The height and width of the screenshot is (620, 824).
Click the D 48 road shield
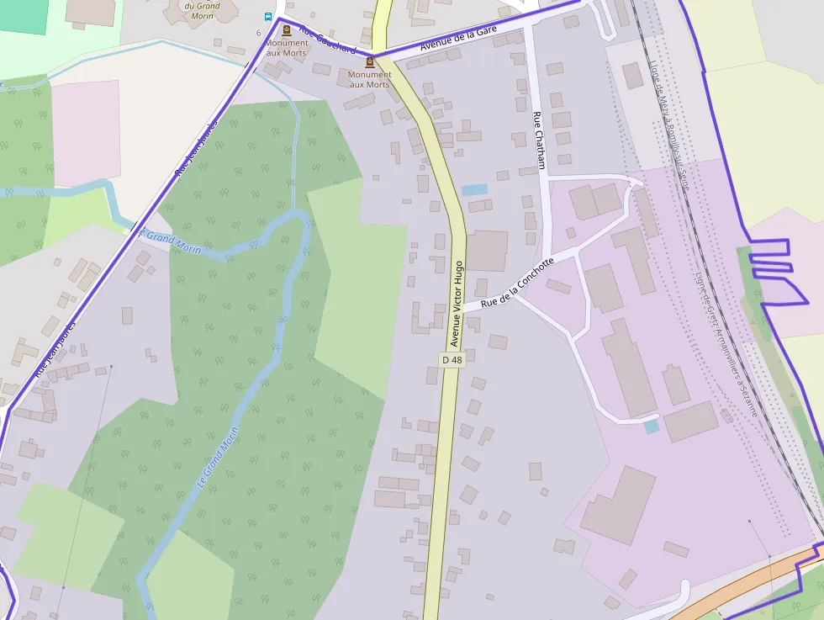tap(452, 360)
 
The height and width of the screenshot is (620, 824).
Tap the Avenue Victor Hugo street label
tap(457, 305)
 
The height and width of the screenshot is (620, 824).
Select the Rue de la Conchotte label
tap(518, 284)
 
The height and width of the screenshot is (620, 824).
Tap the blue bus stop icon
tap(268, 17)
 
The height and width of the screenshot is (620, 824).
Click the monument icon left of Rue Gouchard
tap(287, 30)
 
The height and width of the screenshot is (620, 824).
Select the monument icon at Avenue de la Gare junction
tap(369, 61)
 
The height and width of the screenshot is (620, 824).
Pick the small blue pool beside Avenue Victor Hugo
tap(474, 190)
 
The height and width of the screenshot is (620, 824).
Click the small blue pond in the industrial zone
tap(652, 427)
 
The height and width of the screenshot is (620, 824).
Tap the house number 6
tap(258, 33)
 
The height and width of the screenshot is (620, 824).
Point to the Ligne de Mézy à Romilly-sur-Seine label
tap(668, 126)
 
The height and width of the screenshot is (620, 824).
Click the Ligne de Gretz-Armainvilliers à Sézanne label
tap(726, 345)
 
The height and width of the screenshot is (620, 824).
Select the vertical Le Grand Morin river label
tap(217, 458)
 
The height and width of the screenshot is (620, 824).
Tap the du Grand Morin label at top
tap(202, 11)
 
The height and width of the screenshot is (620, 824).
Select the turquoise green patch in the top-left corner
tap(24, 15)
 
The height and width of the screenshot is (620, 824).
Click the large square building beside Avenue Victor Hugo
tap(487, 251)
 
